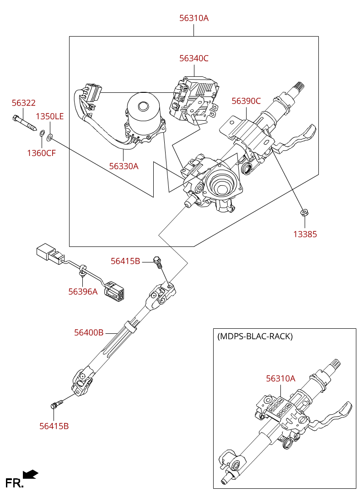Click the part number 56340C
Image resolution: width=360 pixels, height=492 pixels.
[193, 59]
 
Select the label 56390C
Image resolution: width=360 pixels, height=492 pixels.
[246, 101]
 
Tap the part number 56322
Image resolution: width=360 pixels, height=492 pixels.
[23, 103]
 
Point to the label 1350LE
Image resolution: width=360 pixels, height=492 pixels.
[50, 117]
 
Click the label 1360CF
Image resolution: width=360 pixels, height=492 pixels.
[41, 153]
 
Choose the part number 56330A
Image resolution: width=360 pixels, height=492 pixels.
[124, 166]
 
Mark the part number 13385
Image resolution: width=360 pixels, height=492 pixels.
[305, 235]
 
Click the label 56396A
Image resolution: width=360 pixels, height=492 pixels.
[83, 292]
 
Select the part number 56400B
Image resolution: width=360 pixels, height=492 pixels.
[89, 333]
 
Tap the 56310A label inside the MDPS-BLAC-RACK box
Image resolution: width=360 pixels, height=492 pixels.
[281, 379]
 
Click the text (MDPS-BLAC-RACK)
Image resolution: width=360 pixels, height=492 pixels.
[255, 337]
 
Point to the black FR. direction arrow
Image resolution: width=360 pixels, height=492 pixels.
[31, 474]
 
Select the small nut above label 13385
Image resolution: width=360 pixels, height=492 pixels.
[303, 213]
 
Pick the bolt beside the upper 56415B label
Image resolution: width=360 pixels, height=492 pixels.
[158, 262]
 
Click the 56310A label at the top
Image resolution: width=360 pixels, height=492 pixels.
[193, 18]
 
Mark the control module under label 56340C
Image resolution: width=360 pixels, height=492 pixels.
[194, 98]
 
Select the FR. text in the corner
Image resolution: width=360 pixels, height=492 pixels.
[14, 483]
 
